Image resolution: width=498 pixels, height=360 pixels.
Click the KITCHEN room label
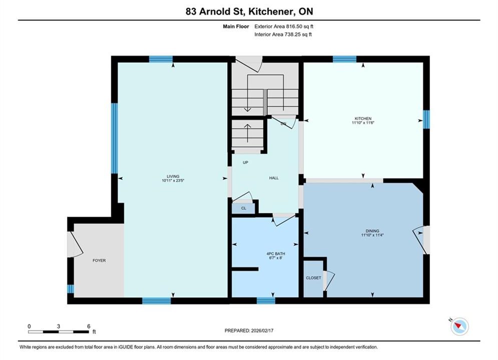pyautogui.click(x=363, y=118)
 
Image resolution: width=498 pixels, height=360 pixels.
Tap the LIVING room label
pyautogui.click(x=173, y=176)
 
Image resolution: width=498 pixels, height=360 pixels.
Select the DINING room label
pyautogui.click(x=372, y=231)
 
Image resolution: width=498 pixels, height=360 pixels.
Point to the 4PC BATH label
pyautogui.click(x=276, y=253)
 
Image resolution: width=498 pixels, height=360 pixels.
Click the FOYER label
pyautogui.click(x=99, y=260)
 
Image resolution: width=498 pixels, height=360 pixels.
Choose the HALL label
pyautogui.click(x=274, y=178)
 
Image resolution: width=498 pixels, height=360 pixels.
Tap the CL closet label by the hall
pyautogui.click(x=244, y=208)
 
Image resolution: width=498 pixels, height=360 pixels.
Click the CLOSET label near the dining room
pyautogui.click(x=313, y=278)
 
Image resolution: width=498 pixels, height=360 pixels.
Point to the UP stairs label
pyautogui.click(x=246, y=162)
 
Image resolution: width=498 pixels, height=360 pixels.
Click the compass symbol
pyautogui.click(x=459, y=326)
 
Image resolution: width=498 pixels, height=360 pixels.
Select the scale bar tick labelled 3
pyautogui.click(x=59, y=326)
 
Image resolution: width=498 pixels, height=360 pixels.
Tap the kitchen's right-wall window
pyautogui.click(x=426, y=119)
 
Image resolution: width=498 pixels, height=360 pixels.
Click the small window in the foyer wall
pyautogui.click(x=71, y=289)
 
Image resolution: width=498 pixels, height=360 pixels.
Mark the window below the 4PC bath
pyautogui.click(x=266, y=300)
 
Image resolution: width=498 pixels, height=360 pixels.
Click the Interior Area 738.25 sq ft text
pyautogui.click(x=283, y=34)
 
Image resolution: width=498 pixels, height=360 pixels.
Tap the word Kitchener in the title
pyautogui.click(x=271, y=11)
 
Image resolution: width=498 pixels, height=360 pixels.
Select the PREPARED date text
pyautogui.click(x=249, y=330)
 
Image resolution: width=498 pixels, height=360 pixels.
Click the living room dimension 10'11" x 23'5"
pyautogui.click(x=173, y=180)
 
